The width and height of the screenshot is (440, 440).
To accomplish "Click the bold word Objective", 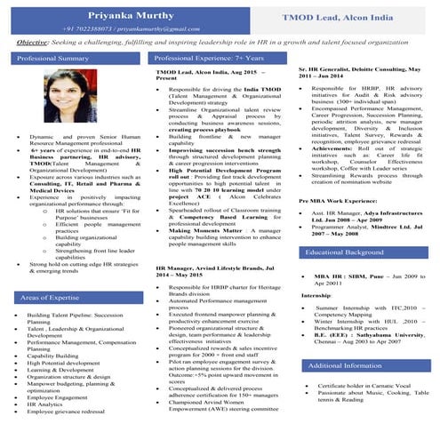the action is [x=31, y=42].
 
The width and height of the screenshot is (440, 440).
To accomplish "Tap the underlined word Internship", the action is [x=316, y=294].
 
